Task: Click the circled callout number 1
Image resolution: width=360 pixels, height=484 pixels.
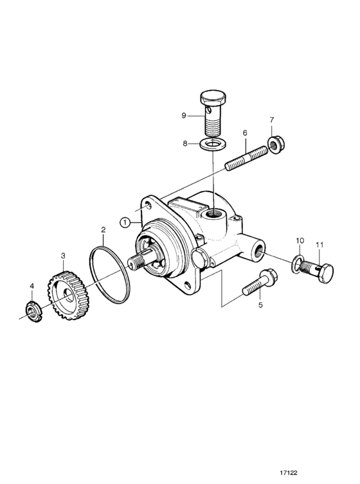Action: (x=125, y=222)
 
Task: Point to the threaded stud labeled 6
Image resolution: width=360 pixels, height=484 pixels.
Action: (x=247, y=158)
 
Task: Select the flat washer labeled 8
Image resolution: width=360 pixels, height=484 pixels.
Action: (x=213, y=143)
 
